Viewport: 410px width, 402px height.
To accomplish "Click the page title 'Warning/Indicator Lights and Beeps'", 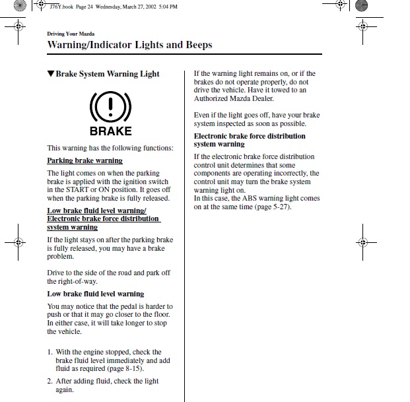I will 130,44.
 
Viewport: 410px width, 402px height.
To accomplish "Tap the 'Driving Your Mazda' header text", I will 71,33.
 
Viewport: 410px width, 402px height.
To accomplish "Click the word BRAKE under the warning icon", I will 110,131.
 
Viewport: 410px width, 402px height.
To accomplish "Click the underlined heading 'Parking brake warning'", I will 85,160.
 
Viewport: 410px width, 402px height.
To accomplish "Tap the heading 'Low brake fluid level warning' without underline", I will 95,294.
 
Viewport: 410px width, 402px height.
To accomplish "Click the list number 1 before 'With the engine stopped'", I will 50,352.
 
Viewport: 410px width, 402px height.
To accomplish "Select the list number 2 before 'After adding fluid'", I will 50,381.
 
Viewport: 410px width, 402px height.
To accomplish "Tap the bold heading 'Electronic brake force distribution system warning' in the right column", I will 249,140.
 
